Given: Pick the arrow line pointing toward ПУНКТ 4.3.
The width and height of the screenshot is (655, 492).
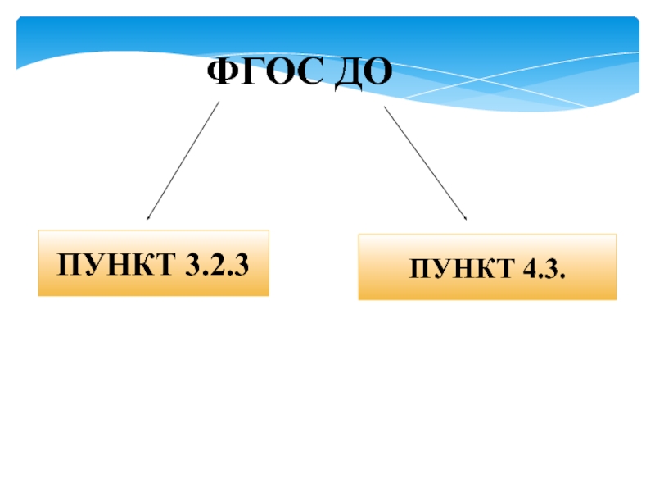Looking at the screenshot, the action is [425, 162].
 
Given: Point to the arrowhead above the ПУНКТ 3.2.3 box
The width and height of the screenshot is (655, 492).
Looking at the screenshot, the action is [147, 218].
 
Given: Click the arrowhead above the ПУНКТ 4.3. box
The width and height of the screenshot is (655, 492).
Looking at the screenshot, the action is [465, 218].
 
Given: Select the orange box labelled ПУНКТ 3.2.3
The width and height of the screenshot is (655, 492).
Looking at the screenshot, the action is [153, 264].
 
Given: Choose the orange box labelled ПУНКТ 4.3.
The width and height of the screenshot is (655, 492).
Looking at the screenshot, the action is [487, 267].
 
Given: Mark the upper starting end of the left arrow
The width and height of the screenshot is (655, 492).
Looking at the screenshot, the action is [219, 102].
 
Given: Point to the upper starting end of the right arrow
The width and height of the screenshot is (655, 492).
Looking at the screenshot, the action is [385, 107].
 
